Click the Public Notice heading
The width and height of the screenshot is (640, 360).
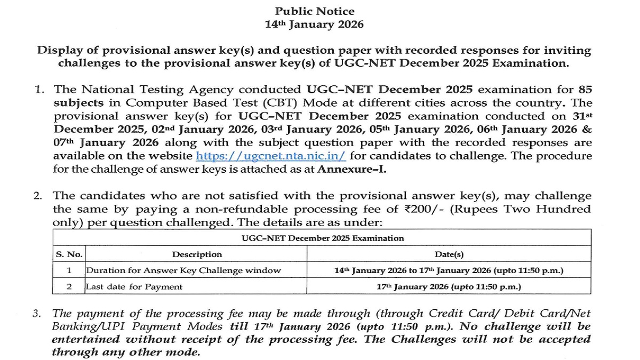pos(314,11)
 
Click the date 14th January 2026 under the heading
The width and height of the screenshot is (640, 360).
pos(314,25)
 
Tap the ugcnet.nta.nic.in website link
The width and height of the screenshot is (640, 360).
pos(271,156)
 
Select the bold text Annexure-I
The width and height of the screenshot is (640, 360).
pos(351,170)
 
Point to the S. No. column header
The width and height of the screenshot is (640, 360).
pos(69,254)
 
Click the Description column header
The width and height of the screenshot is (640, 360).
pos(197,254)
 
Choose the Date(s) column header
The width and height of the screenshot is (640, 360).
pos(449,254)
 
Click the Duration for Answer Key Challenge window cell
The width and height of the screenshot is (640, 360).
pos(183,270)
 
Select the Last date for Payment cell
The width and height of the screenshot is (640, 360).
pos(134,287)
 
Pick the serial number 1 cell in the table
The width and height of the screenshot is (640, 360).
pos(69,270)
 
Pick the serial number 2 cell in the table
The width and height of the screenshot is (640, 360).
pos(69,287)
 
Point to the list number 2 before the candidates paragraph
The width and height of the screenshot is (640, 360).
pos(38,196)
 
